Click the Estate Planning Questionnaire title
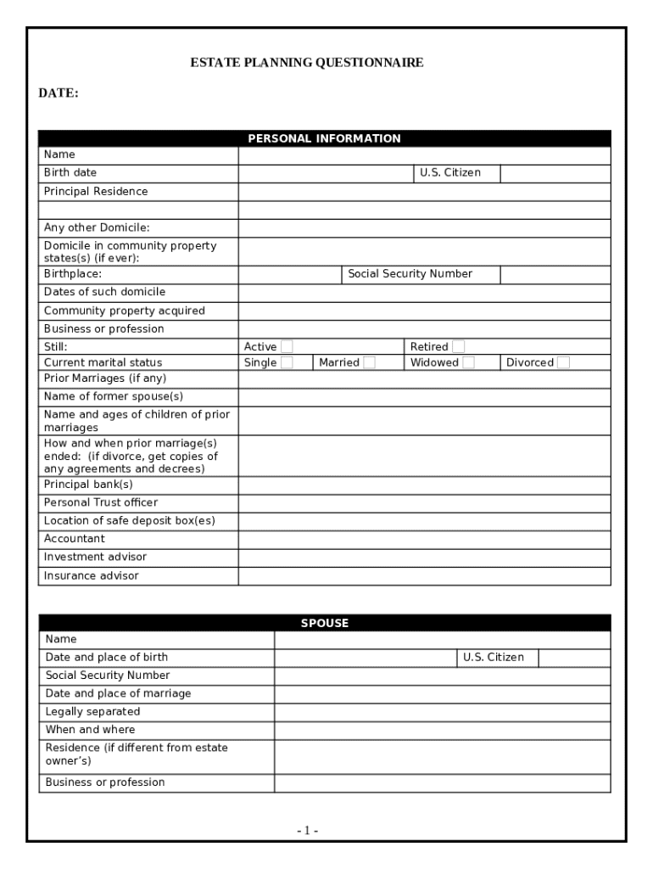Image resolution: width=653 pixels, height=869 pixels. pyautogui.click(x=306, y=63)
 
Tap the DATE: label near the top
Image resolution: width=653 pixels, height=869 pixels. pyautogui.click(x=59, y=93)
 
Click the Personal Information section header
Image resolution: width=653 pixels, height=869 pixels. pyautogui.click(x=324, y=138)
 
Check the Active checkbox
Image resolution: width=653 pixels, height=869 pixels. pyautogui.click(x=287, y=346)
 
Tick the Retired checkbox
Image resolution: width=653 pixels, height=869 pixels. pyautogui.click(x=459, y=346)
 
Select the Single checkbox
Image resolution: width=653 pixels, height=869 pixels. pyautogui.click(x=287, y=362)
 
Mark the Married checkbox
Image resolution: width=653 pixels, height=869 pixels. pyautogui.click(x=369, y=362)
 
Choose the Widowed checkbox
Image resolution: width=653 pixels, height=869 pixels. pyautogui.click(x=468, y=362)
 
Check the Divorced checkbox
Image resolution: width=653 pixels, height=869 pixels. pyautogui.click(x=563, y=362)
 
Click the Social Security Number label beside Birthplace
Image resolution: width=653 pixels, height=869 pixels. pyautogui.click(x=410, y=274)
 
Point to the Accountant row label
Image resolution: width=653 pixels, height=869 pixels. pyautogui.click(x=75, y=539)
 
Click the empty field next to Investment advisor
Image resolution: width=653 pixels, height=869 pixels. pyautogui.click(x=424, y=558)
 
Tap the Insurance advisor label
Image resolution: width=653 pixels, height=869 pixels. pyautogui.click(x=92, y=575)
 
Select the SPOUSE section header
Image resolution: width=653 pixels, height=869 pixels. pyautogui.click(x=324, y=623)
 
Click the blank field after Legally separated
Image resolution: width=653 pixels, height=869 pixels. pyautogui.click(x=442, y=712)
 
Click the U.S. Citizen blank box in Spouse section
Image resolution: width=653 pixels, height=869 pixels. pyautogui.click(x=574, y=658)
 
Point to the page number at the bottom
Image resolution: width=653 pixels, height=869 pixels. pyautogui.click(x=308, y=830)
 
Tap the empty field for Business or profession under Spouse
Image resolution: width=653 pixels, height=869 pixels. pyautogui.click(x=442, y=782)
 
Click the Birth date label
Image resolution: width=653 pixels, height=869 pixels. pyautogui.click(x=70, y=173)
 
